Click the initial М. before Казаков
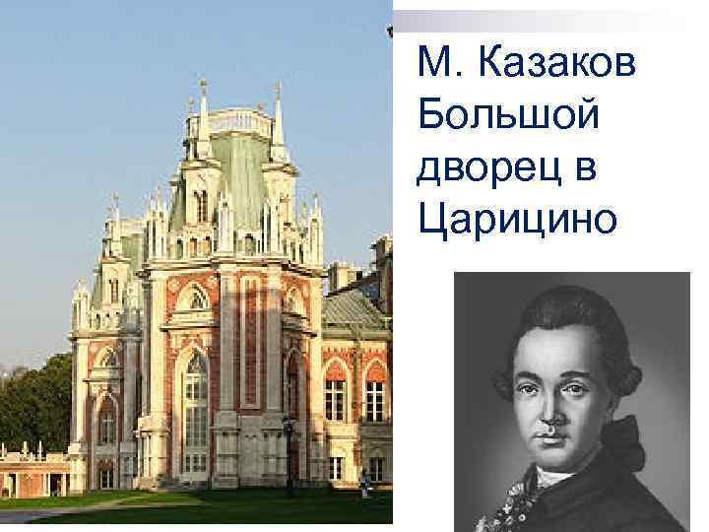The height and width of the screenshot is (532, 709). coord(434,67)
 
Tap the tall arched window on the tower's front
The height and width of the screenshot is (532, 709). coord(196,404)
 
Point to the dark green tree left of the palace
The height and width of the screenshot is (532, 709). coord(34,404)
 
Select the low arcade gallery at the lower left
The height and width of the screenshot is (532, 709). coord(34,473)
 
